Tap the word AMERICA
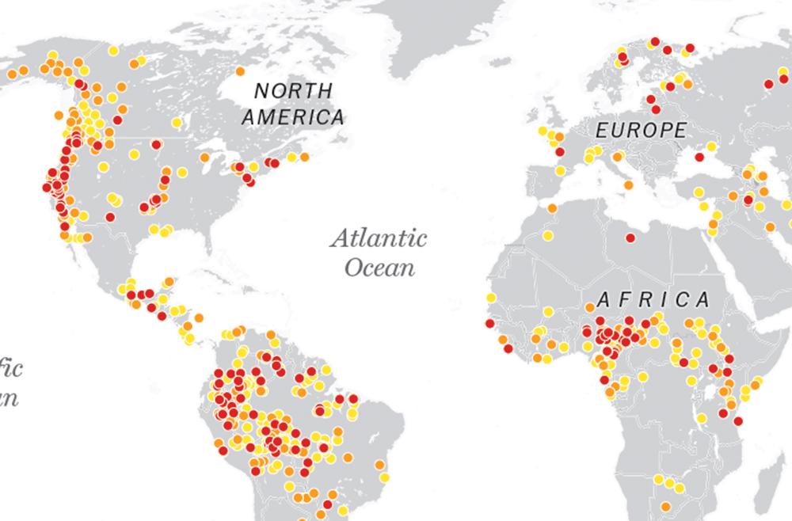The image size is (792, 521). pyautogui.click(x=293, y=118)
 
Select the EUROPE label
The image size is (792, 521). pyautogui.click(x=642, y=130)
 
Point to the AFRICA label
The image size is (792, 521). pyautogui.click(x=653, y=299)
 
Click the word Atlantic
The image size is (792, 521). pyautogui.click(x=379, y=238)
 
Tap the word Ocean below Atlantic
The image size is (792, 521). pyautogui.click(x=380, y=266)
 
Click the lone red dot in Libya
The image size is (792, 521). pyautogui.click(x=630, y=237)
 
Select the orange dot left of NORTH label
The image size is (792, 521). pyautogui.click(x=239, y=72)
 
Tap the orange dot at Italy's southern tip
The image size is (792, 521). pyautogui.click(x=629, y=185)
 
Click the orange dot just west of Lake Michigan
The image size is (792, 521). pyautogui.click(x=204, y=157)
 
